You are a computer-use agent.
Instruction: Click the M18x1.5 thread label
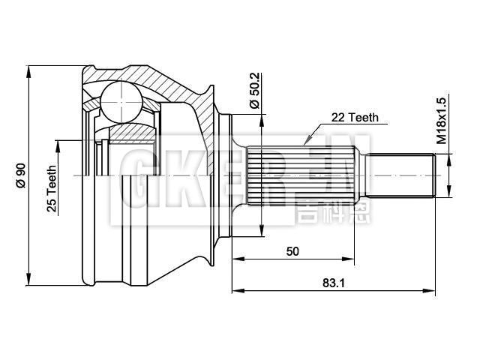[442, 120]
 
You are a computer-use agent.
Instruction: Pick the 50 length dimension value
[292, 251]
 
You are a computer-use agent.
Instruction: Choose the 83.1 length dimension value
[328, 283]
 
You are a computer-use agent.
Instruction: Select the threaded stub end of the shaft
[400, 174]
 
